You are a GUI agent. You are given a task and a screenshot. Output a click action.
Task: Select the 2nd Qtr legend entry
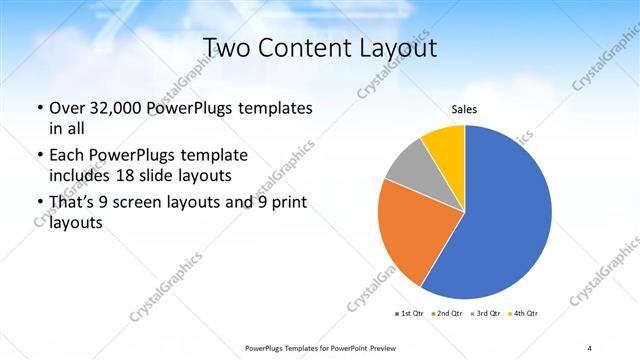pos(445,314)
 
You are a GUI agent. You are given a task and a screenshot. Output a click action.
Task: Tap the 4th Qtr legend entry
pos(523,314)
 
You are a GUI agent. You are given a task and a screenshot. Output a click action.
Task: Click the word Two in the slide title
pos(225,47)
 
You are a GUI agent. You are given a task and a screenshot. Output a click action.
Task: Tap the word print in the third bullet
pos(286,203)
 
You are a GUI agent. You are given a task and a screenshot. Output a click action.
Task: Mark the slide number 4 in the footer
pos(590,347)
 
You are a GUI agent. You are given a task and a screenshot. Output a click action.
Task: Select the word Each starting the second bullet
pos(67,155)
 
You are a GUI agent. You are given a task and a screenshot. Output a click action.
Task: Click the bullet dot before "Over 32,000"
pos(39,108)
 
